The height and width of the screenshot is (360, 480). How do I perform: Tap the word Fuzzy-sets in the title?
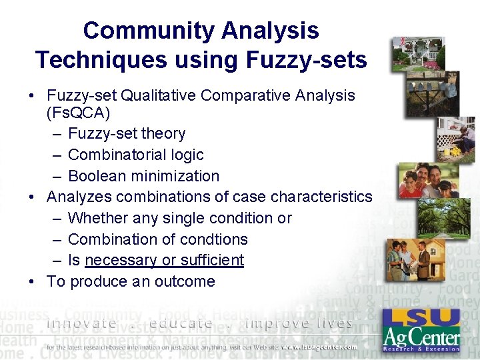[x=306, y=60]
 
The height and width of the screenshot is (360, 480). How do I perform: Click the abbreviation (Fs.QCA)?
[x=78, y=113]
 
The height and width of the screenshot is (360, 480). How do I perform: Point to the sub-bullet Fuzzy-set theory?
[x=127, y=134]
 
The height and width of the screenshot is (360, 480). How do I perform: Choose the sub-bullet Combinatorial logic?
[x=135, y=155]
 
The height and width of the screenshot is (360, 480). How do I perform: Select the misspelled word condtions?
[x=213, y=239]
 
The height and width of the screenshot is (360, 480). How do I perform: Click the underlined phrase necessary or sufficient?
[x=165, y=261]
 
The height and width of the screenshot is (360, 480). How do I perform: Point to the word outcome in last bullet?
[x=185, y=282]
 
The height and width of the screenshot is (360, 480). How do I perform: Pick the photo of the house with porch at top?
[x=418, y=53]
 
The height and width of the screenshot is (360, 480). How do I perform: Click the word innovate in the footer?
[x=81, y=324]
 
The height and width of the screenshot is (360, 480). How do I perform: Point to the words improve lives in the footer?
[x=299, y=324]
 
